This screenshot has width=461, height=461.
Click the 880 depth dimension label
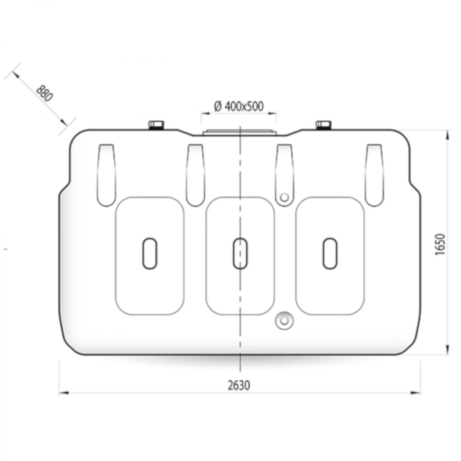[44, 93]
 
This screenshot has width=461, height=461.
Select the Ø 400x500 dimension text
[239, 106]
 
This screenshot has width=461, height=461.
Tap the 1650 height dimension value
[440, 244]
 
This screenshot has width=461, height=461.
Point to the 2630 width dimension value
[239, 385]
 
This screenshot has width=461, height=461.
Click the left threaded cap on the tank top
[156, 124]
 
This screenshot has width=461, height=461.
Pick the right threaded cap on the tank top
[323, 124]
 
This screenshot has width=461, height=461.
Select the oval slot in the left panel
[150, 254]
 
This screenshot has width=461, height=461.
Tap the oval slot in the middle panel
[240, 254]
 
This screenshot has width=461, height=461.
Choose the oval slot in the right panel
[330, 254]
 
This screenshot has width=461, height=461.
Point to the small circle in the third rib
[284, 197]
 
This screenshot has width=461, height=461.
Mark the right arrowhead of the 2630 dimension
[416, 393]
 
